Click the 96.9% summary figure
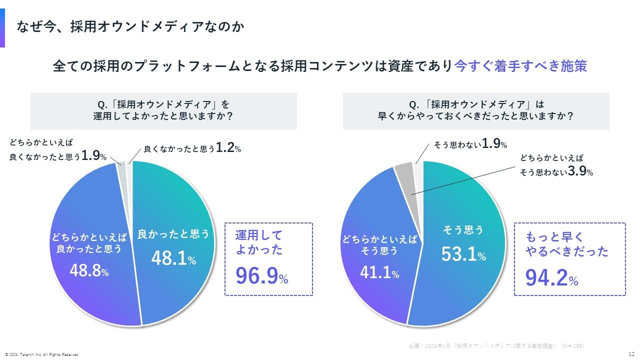point(261,275)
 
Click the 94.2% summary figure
point(551,278)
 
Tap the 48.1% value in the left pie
point(173,258)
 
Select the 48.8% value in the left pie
point(89,271)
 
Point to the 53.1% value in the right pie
point(463,254)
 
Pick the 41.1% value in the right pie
point(379,273)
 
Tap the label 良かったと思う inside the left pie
point(173,233)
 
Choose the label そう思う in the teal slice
point(463,230)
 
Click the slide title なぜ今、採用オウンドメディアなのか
point(130,26)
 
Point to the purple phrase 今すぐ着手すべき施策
point(520,66)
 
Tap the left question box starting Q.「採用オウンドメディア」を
point(163,110)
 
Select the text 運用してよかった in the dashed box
point(258,242)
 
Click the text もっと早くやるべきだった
point(566,244)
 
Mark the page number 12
point(631,353)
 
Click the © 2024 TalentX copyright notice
point(42,354)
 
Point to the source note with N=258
point(496,345)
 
